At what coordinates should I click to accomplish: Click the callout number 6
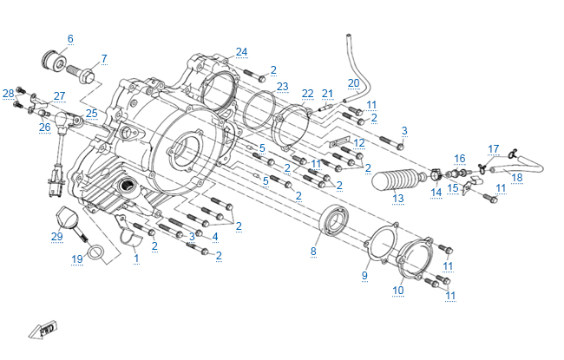pyautogui.click(x=70, y=38)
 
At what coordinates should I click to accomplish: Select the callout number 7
pyautogui.click(x=104, y=59)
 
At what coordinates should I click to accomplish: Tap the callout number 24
pyautogui.click(x=241, y=52)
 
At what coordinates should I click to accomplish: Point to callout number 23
pyautogui.click(x=282, y=87)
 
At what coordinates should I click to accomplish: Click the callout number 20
pyautogui.click(x=353, y=83)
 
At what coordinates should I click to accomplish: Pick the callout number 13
pyautogui.click(x=397, y=199)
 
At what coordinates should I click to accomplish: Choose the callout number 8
pyautogui.click(x=313, y=252)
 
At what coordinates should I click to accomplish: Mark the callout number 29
pyautogui.click(x=56, y=237)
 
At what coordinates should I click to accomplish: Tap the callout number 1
pyautogui.click(x=135, y=259)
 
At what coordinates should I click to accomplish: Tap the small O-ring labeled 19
pyautogui.click(x=102, y=253)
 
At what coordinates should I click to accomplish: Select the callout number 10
pyautogui.click(x=397, y=291)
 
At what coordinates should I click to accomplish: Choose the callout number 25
pyautogui.click(x=91, y=114)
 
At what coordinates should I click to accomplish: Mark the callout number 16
pyautogui.click(x=460, y=159)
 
